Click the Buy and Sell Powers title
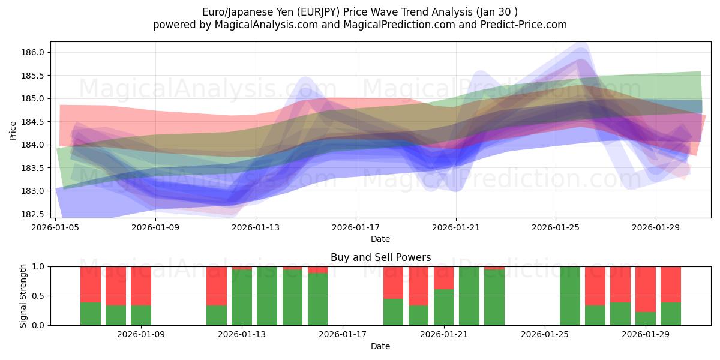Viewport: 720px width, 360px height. [x=380, y=257]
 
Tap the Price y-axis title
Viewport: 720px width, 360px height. [x=13, y=130]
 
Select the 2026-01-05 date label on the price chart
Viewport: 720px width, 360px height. [x=56, y=227]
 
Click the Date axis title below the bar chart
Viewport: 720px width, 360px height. [x=380, y=346]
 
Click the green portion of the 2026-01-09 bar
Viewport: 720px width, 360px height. [x=141, y=315]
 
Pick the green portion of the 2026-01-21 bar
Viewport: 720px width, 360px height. [x=444, y=307]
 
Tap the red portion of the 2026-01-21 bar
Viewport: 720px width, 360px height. [x=444, y=278]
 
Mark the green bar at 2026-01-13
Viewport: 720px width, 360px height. [x=242, y=298]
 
